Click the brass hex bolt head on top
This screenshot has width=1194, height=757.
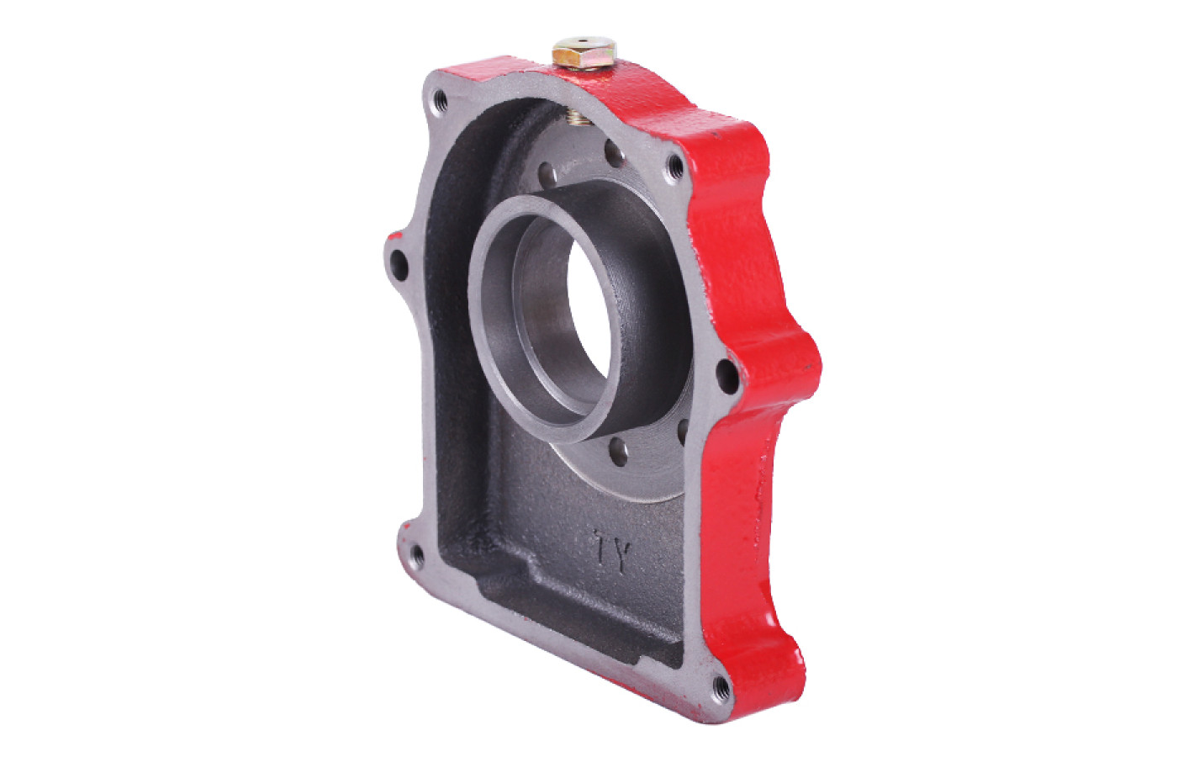click(584, 53)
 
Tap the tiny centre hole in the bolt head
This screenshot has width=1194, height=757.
click(584, 40)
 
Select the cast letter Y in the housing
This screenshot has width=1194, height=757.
click(622, 557)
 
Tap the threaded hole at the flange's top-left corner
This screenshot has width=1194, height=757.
click(441, 100)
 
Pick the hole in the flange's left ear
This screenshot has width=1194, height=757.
click(399, 265)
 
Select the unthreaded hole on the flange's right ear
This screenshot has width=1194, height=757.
click(727, 376)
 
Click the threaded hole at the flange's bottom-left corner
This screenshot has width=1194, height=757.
click(417, 556)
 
